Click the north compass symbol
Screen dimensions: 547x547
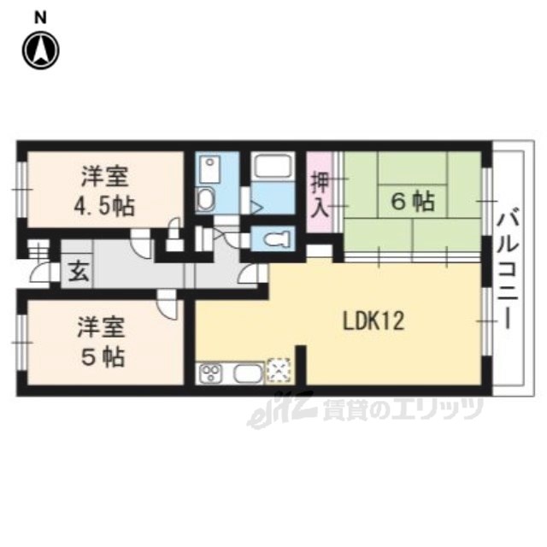(x=41, y=50)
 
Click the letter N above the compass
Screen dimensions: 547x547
(x=40, y=18)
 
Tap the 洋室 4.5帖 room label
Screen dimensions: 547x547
(x=104, y=191)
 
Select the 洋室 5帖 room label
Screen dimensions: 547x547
(x=102, y=342)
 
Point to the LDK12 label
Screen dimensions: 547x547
(x=373, y=321)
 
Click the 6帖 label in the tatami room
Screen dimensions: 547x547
(x=413, y=202)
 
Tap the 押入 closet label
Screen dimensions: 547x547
(x=320, y=195)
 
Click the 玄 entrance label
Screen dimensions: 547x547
(x=78, y=272)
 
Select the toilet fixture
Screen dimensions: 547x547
(x=277, y=238)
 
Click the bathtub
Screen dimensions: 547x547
(x=273, y=166)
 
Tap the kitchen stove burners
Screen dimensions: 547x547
(x=210, y=373)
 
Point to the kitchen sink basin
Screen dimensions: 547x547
(x=249, y=374)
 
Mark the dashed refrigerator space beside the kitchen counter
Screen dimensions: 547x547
(x=278, y=371)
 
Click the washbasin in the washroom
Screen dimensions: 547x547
(x=205, y=199)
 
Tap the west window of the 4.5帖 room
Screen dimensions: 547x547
(x=21, y=190)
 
